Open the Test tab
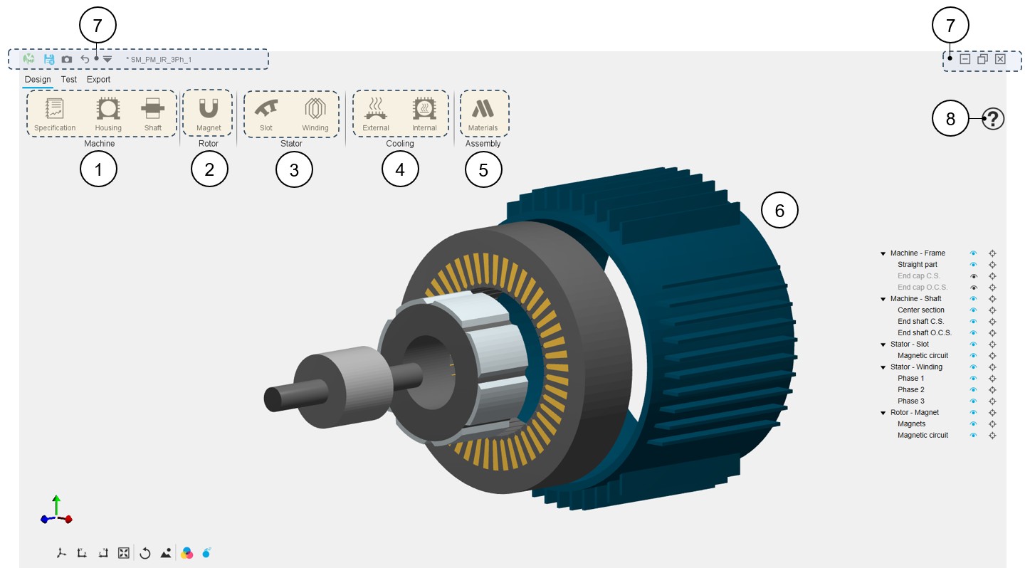click(x=69, y=79)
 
